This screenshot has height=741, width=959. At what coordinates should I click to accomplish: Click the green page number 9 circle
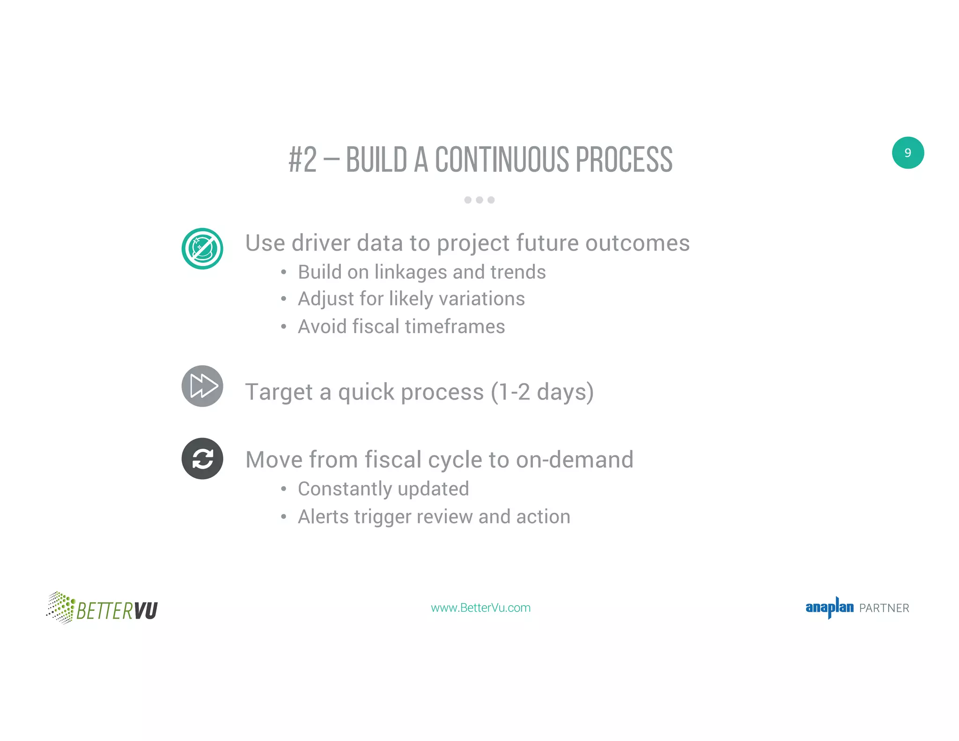tap(907, 153)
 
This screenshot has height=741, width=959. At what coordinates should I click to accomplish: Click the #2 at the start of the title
tap(302, 160)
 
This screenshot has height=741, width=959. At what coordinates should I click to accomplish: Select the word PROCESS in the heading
tap(624, 160)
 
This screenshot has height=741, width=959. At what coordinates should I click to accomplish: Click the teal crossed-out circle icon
tap(202, 249)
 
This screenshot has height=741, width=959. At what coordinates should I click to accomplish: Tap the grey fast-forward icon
tap(202, 386)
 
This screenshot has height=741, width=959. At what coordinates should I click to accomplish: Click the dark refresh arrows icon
tap(202, 459)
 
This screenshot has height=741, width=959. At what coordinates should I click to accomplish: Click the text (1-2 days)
tap(542, 392)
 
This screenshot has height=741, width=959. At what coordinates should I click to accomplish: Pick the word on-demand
tap(575, 459)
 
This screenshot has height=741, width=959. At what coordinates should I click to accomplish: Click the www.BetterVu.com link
tap(480, 608)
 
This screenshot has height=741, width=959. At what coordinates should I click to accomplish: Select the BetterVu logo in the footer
tap(102, 608)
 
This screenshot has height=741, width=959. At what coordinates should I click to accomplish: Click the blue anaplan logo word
tap(829, 608)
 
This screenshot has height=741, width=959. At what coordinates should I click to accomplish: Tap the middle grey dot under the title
tap(479, 200)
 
